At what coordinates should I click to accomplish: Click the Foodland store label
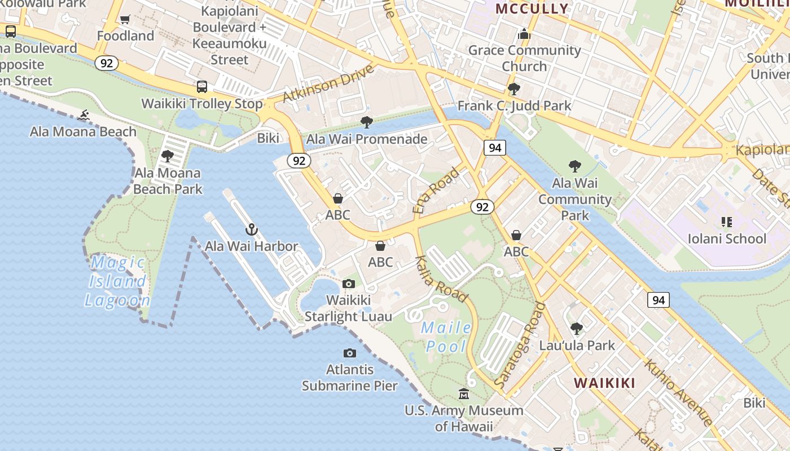(x=125, y=36)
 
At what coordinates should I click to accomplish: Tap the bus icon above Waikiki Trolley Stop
(x=202, y=87)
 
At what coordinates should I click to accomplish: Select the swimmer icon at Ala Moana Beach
(x=84, y=116)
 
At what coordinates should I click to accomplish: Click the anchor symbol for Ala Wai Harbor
(x=252, y=229)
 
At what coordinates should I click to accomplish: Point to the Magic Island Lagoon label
(x=117, y=281)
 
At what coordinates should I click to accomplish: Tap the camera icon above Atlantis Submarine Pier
(x=350, y=353)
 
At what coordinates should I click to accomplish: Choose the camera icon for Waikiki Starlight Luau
(x=349, y=284)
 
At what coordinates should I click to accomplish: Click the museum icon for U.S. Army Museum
(x=464, y=393)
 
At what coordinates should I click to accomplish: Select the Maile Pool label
(x=446, y=337)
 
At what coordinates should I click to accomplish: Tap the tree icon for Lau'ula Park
(x=577, y=328)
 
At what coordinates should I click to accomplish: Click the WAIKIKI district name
(x=604, y=383)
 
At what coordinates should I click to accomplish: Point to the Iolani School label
(x=727, y=238)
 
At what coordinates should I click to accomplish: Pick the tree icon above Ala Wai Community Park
(x=574, y=166)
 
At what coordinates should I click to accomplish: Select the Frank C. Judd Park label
(x=514, y=105)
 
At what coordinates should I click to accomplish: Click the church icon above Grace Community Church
(x=524, y=34)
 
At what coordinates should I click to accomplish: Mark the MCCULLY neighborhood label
(x=532, y=8)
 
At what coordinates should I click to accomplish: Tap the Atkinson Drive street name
(x=328, y=83)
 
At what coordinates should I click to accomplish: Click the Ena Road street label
(x=436, y=191)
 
